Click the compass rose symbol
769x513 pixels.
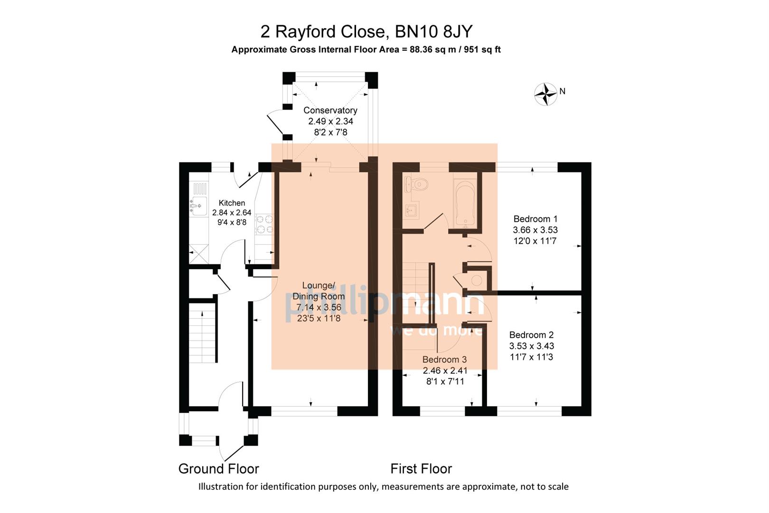click(x=545, y=94)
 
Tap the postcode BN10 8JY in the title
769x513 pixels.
click(x=434, y=32)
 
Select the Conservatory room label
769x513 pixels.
click(x=330, y=110)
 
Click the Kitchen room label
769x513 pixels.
click(x=232, y=203)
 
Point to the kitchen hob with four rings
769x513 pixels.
click(x=264, y=224)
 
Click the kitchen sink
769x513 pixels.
click(x=198, y=206)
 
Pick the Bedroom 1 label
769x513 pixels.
click(x=535, y=219)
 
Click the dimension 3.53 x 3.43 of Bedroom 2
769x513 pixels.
click(x=532, y=346)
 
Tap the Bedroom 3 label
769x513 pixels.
click(x=444, y=360)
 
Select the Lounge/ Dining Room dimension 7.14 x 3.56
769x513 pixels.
click(x=319, y=307)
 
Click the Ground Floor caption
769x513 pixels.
click(x=218, y=469)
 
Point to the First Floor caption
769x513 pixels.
click(x=421, y=469)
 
